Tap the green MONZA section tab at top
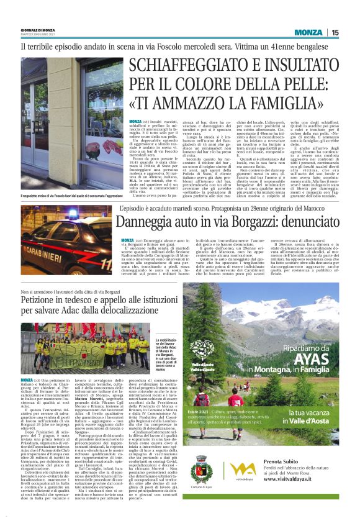(x=308, y=32)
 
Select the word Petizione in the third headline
(x=39, y=301)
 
